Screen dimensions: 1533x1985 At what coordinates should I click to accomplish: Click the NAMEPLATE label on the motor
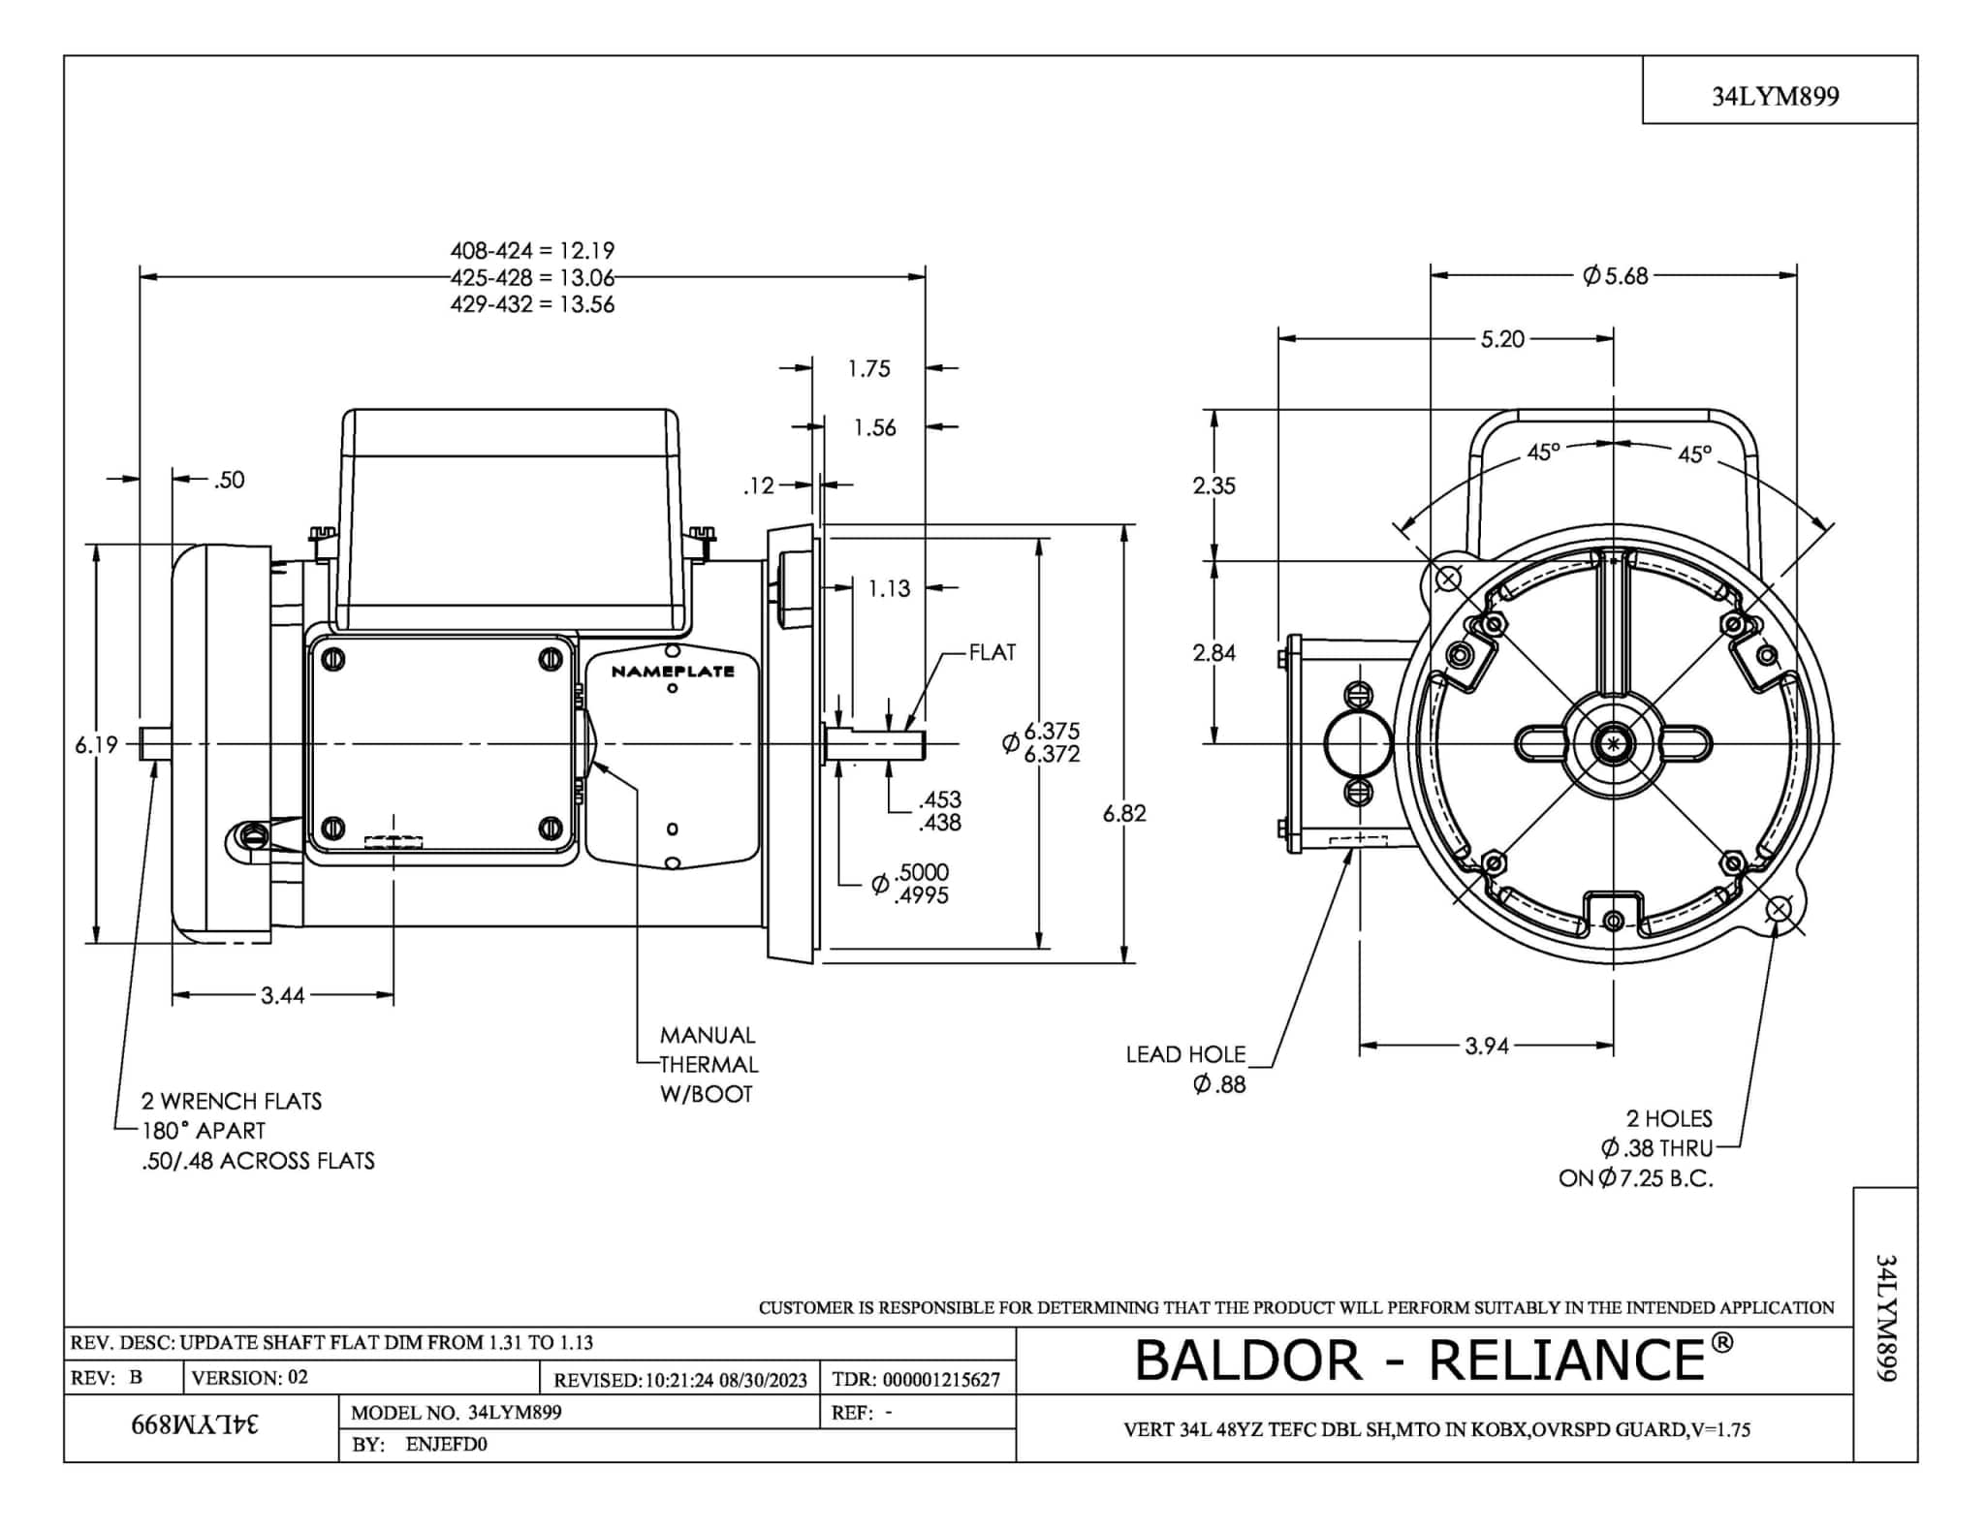673,672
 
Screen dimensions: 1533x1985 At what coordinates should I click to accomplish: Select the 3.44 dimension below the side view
282,995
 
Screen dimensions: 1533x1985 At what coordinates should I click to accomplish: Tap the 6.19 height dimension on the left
96,745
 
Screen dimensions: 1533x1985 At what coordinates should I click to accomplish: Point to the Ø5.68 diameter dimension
1615,276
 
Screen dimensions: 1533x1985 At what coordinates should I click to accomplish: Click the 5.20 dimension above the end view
1501,339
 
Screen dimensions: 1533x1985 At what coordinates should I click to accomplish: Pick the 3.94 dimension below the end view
1487,1047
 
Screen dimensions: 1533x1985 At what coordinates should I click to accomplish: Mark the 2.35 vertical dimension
1213,485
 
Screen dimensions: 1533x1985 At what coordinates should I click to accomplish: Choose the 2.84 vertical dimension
1213,653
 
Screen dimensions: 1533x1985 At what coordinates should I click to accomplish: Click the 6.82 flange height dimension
1124,814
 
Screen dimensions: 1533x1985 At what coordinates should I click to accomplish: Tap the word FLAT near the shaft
992,652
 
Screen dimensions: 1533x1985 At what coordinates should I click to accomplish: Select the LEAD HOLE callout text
1185,1054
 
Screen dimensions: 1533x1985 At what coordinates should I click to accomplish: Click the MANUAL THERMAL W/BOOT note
708,1064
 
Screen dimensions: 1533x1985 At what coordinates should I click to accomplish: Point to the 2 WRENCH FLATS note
232,1101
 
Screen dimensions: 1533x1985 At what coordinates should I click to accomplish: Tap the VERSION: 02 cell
250,1378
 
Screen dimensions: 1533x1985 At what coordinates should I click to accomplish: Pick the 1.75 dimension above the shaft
868,369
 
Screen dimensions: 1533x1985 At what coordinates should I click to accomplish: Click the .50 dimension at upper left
229,480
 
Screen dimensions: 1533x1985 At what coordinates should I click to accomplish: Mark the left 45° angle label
1544,453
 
